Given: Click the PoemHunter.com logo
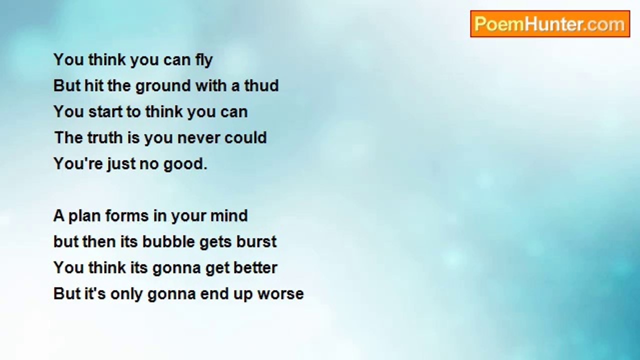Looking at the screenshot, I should (x=550, y=24).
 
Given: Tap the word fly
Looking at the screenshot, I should (x=204, y=60).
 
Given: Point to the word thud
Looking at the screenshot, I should (x=261, y=86).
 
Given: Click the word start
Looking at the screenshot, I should (x=105, y=112).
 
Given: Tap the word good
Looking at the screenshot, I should (x=185, y=164).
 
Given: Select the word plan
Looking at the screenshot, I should (x=82, y=216).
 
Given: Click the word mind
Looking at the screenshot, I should (x=228, y=216).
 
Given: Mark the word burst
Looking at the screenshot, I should (x=258, y=242).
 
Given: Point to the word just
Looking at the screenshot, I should (x=118, y=164).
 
